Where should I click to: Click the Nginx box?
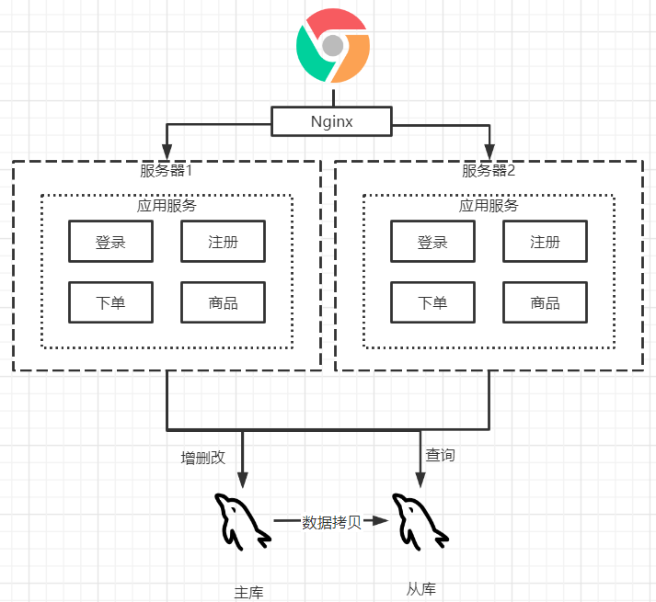[x=331, y=121]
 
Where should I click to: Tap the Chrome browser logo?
[x=333, y=45]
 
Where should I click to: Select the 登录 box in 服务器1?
[x=110, y=243]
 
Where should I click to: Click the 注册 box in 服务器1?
[x=223, y=243]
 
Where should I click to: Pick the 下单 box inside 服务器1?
[x=110, y=303]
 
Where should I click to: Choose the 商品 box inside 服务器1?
[x=223, y=303]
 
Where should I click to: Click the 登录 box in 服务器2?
[x=432, y=243]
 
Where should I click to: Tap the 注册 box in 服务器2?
[x=545, y=243]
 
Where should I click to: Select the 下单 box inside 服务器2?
[x=432, y=303]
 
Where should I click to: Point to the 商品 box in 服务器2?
[x=545, y=303]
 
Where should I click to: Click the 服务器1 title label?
[x=167, y=171]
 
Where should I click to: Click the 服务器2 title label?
[x=489, y=171]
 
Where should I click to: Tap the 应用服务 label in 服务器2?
[x=489, y=205]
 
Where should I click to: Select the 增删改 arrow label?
[x=202, y=457]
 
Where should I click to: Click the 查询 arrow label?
[x=440, y=455]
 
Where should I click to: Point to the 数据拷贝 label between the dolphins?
[x=331, y=522]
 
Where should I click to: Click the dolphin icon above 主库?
[x=241, y=522]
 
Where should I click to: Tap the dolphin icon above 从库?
[x=420, y=522]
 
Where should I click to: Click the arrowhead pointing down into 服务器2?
[x=489, y=151]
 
